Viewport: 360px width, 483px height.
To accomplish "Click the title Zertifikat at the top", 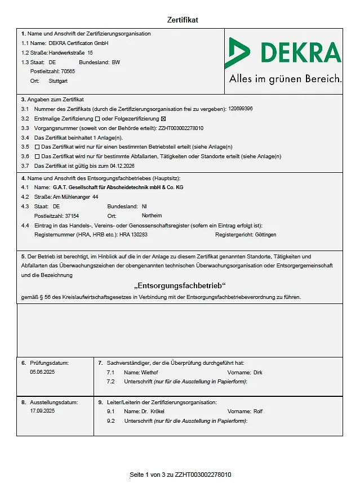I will tap(183, 20).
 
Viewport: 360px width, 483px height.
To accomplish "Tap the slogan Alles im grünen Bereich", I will tap(285, 79).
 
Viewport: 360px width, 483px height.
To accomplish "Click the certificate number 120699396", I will tap(241, 109).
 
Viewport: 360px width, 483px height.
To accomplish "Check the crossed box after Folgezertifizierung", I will tap(163, 118).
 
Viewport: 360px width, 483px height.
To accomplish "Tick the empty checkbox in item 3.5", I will tap(37, 147).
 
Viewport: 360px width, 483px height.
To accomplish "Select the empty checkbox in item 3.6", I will tap(37, 156).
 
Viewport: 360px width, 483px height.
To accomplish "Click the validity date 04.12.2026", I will tap(122, 166).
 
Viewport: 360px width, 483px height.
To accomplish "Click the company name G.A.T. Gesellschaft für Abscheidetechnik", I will tap(118, 187).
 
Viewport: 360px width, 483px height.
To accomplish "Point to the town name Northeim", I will tap(152, 216).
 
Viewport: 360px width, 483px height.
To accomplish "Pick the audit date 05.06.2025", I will tap(42, 372).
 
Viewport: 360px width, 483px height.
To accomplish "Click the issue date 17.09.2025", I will tap(42, 411).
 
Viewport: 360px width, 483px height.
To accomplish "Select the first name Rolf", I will tap(258, 412).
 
